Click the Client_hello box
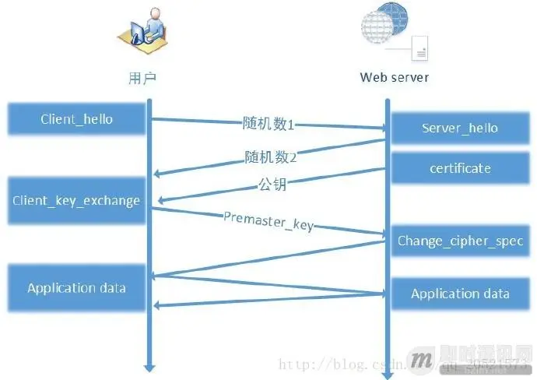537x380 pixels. [76, 119]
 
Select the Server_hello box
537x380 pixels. [459, 128]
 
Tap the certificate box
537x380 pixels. [459, 168]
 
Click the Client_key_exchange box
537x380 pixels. [76, 200]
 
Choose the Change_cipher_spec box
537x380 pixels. [459, 241]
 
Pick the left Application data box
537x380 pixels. [76, 288]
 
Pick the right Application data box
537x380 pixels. [459, 294]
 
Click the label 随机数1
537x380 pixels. [269, 123]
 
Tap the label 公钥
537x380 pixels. [269, 186]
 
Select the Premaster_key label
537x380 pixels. [268, 220]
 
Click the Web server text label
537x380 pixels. [394, 77]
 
